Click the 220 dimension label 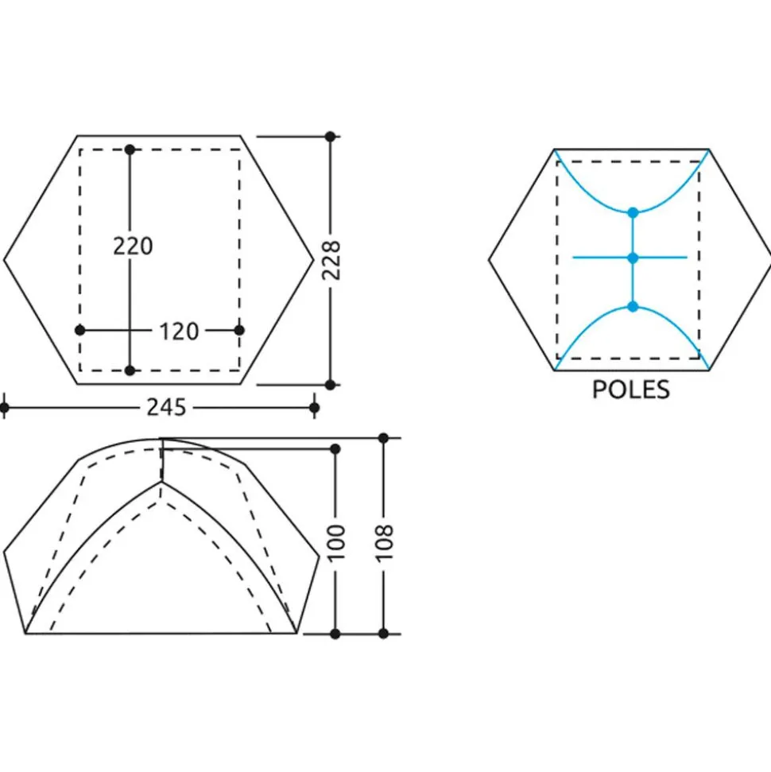coord(133,246)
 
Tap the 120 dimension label coord(179,332)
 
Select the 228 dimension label coord(331,261)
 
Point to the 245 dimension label coord(166,408)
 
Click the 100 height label coord(336,544)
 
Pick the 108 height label coord(384,544)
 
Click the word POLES coord(630,390)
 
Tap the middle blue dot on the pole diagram coord(633,258)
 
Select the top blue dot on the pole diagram coord(633,213)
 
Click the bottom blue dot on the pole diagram coord(633,307)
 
